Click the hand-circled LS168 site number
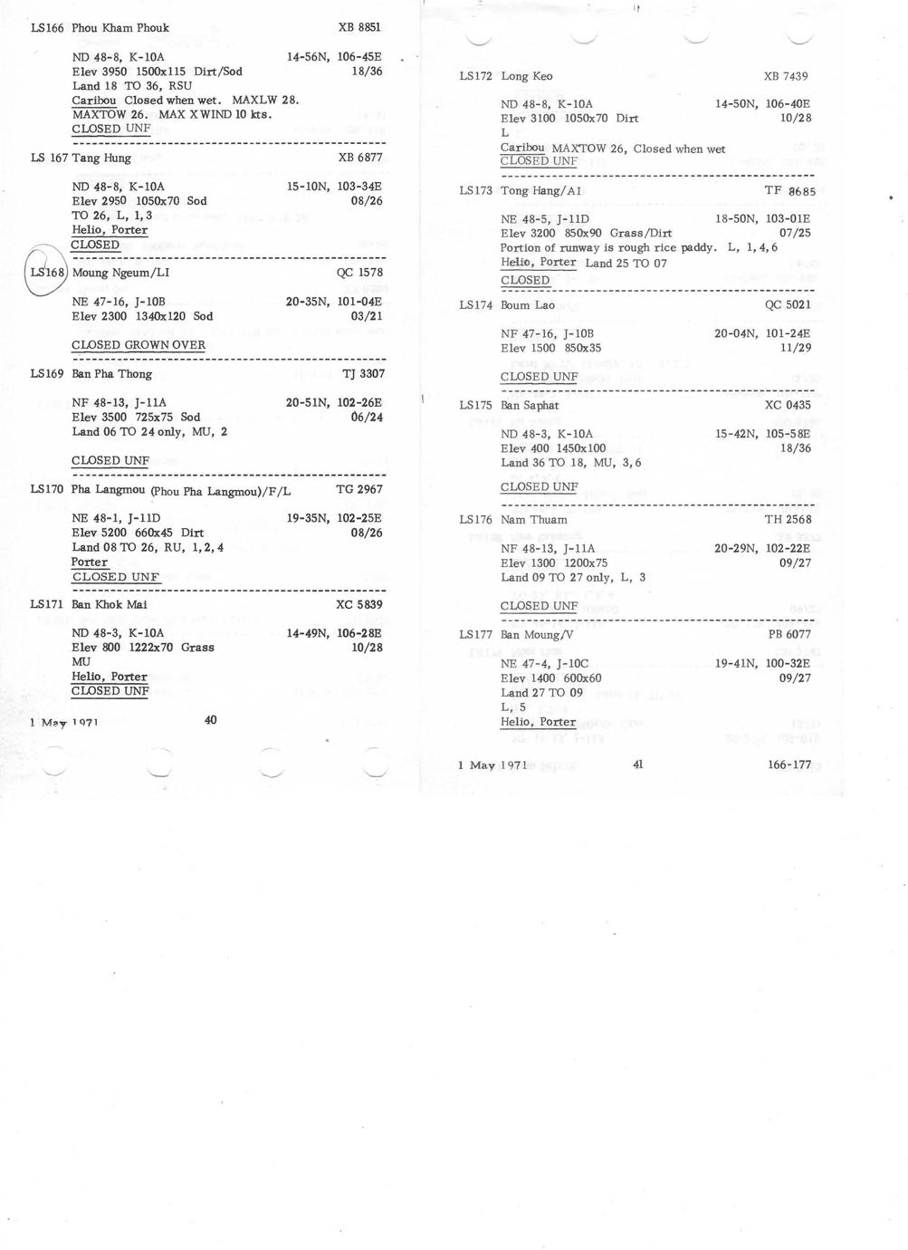47,273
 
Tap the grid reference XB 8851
359,28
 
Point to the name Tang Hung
101,159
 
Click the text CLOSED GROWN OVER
139,345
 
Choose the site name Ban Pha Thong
112,374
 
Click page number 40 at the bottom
210,720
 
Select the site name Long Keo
527,76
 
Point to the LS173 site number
475,191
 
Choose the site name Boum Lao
528,305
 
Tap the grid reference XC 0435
788,406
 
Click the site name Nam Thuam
534,520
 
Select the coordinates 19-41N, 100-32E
762,664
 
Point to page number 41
637,764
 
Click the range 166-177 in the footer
789,764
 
